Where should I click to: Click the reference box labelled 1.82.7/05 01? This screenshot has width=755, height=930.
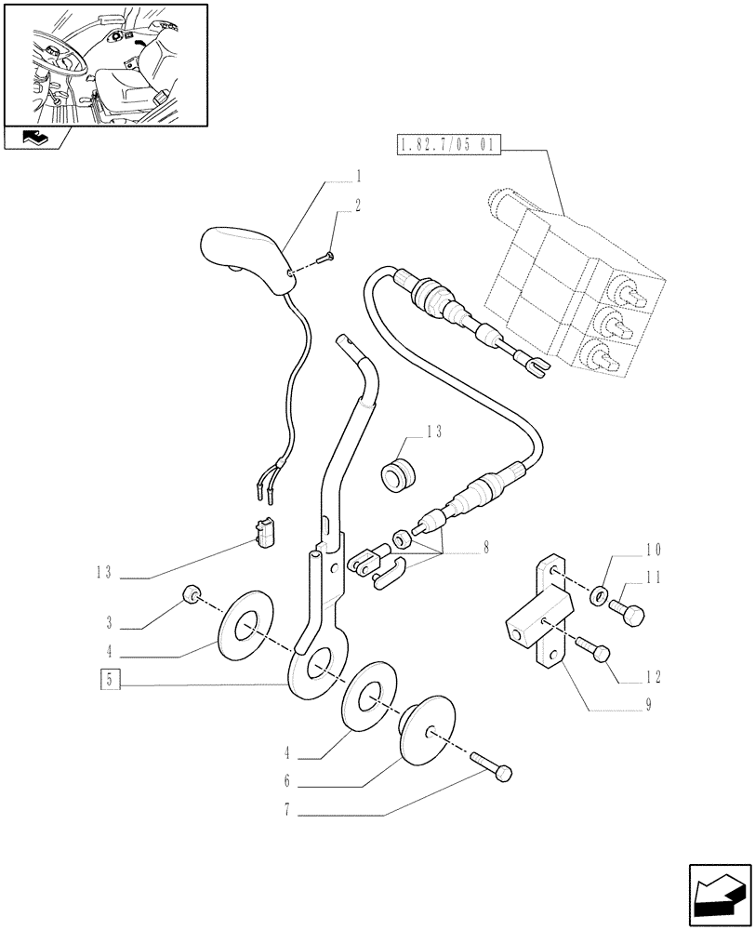coord(449,145)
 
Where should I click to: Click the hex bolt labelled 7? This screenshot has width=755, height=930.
coord(495,769)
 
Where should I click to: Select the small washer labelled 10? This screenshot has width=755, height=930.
coord(600,593)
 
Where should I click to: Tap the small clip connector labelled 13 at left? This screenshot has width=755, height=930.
coord(265,531)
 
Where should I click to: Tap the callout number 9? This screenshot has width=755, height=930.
coord(647,704)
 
